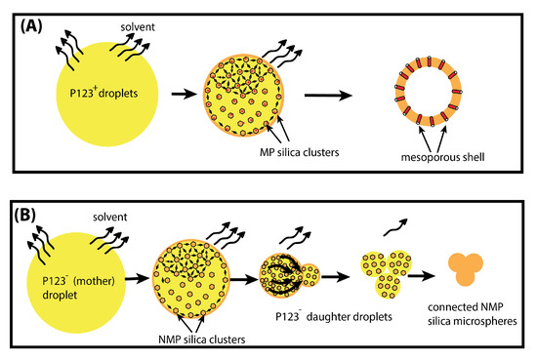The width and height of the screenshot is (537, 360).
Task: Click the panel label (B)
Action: [28, 211]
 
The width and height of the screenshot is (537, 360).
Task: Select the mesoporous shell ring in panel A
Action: [432, 98]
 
